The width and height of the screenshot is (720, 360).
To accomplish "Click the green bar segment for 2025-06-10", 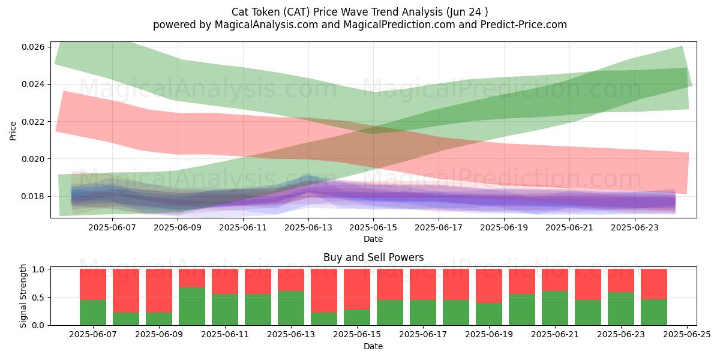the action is point(192,306).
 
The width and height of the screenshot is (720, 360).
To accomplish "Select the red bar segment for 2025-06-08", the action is point(126,290).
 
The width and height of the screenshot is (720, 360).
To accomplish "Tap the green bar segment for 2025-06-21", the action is point(555,308).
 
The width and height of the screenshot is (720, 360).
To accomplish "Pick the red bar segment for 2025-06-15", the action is point(357,289).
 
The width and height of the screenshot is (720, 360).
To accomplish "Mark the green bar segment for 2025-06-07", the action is point(93,313).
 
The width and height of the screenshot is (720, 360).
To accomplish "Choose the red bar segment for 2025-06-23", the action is point(621,281).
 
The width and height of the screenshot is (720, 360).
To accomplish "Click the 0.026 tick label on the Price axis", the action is point(34,47).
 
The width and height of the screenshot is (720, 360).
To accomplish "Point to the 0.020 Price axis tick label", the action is point(34,159).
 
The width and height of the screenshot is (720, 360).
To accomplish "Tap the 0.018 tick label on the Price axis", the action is point(34,196).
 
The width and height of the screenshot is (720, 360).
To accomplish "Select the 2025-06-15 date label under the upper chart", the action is point(373,227).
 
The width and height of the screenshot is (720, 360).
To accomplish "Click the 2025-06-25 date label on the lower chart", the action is point(687,335).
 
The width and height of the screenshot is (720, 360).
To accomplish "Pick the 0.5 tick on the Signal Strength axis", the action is point(38,298).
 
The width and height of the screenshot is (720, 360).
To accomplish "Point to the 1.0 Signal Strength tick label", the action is point(38,269).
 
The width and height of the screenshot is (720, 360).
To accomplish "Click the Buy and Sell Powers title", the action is point(373,257).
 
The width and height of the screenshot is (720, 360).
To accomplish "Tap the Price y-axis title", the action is point(13,131).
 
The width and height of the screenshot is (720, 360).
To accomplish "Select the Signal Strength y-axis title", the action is point(23,296).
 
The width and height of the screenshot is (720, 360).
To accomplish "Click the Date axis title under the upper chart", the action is point(373,239).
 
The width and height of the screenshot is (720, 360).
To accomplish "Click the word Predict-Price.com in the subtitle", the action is point(524,25).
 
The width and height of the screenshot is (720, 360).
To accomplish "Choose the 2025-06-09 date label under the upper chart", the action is point(178,227).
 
